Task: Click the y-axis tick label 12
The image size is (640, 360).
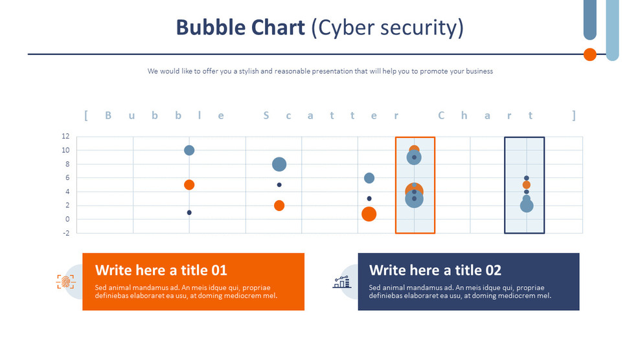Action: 65,137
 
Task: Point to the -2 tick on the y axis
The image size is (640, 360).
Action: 65,233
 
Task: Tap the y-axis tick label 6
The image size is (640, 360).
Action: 67,178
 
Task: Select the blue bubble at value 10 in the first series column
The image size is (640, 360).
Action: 189,150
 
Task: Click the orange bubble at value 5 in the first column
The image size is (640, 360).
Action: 189,185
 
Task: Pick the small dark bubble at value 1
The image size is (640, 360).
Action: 189,212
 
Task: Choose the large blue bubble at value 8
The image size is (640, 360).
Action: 279,164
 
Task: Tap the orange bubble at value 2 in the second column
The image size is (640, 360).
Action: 279,206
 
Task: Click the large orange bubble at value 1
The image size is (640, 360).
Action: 369,214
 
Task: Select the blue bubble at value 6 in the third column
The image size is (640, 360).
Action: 369,178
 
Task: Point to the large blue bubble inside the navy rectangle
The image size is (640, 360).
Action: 527,206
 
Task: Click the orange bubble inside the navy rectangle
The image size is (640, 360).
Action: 527,185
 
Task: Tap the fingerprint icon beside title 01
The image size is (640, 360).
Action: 65,282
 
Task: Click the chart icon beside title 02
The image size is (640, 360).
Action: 341,282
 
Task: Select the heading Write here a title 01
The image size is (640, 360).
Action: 161,270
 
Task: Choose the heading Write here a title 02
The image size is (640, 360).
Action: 435,270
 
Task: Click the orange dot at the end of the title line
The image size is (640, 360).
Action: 589,54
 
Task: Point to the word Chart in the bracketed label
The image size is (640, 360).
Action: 486,116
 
